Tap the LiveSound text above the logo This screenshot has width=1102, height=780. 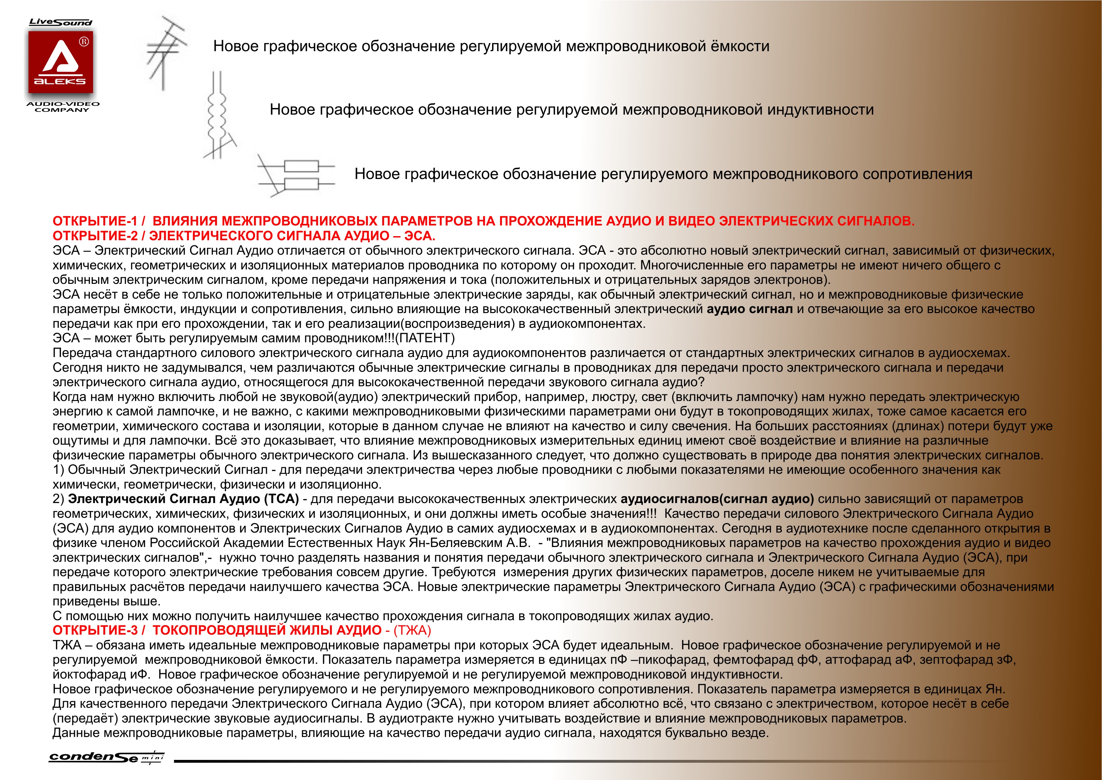click(x=61, y=22)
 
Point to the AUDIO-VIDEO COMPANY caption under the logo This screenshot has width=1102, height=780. click(x=62, y=107)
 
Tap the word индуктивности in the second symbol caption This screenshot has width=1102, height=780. click(x=820, y=110)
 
